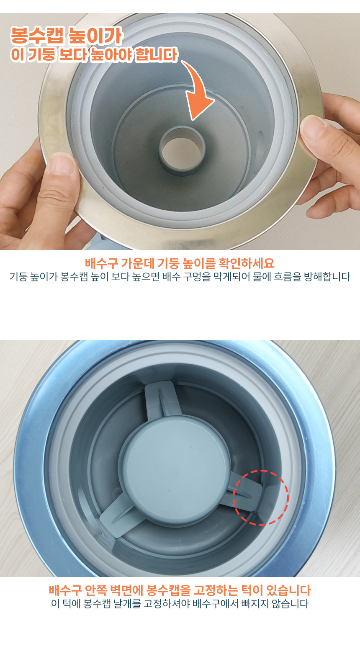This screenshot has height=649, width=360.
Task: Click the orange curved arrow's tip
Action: click(x=194, y=118)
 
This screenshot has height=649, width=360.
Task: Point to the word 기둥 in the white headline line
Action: click(x=41, y=55)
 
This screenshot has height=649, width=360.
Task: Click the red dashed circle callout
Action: click(x=260, y=497)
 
